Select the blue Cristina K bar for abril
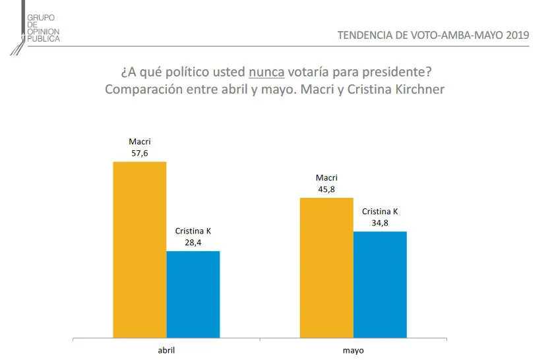(193, 294)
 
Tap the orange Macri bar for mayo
(326, 267)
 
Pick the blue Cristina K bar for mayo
(380, 284)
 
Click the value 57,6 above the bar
(140, 152)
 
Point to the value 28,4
(193, 242)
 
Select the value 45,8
(326, 189)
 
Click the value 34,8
(380, 222)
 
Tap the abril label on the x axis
(167, 350)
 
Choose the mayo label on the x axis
(353, 350)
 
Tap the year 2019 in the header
(516, 36)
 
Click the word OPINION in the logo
(44, 32)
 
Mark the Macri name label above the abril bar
(140, 142)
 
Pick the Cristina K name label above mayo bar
(380, 212)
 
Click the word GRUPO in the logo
(41, 17)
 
